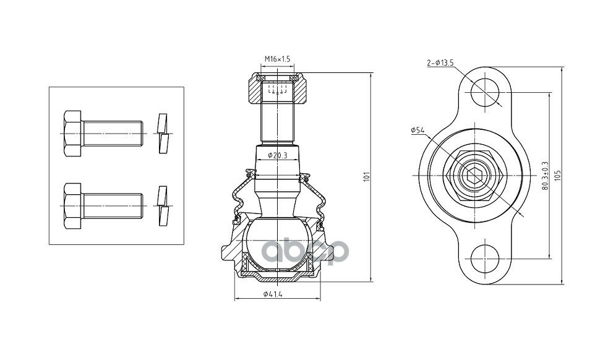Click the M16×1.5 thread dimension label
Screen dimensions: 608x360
pos(277,59)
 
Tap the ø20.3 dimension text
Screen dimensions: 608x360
pos(277,156)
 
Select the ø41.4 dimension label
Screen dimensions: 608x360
pos(273,294)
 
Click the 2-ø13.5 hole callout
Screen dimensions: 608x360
pos(440,62)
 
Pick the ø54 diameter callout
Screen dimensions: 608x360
pos(417,131)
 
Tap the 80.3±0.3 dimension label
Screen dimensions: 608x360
pos(545,176)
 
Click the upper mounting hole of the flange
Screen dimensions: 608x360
pos(485,92)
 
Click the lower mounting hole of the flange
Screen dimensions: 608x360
pos(485,259)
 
